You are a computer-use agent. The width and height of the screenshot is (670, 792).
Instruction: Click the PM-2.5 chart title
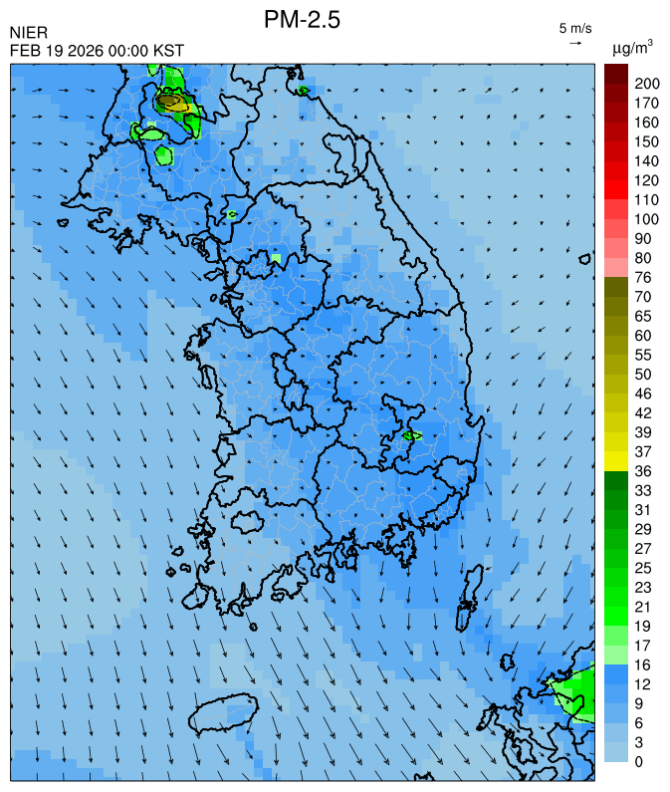(x=302, y=20)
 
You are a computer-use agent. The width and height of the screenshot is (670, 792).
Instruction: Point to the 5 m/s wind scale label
(x=575, y=27)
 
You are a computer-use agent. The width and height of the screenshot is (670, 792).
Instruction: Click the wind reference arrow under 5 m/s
(x=575, y=43)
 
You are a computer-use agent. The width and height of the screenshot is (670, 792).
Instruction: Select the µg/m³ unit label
(x=632, y=47)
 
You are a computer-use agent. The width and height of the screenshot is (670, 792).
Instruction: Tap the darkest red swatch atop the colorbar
(x=615, y=73)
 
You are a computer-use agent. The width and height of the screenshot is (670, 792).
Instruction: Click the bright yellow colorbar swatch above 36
(x=615, y=460)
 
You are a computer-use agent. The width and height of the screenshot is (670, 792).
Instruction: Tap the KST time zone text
(x=168, y=51)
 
